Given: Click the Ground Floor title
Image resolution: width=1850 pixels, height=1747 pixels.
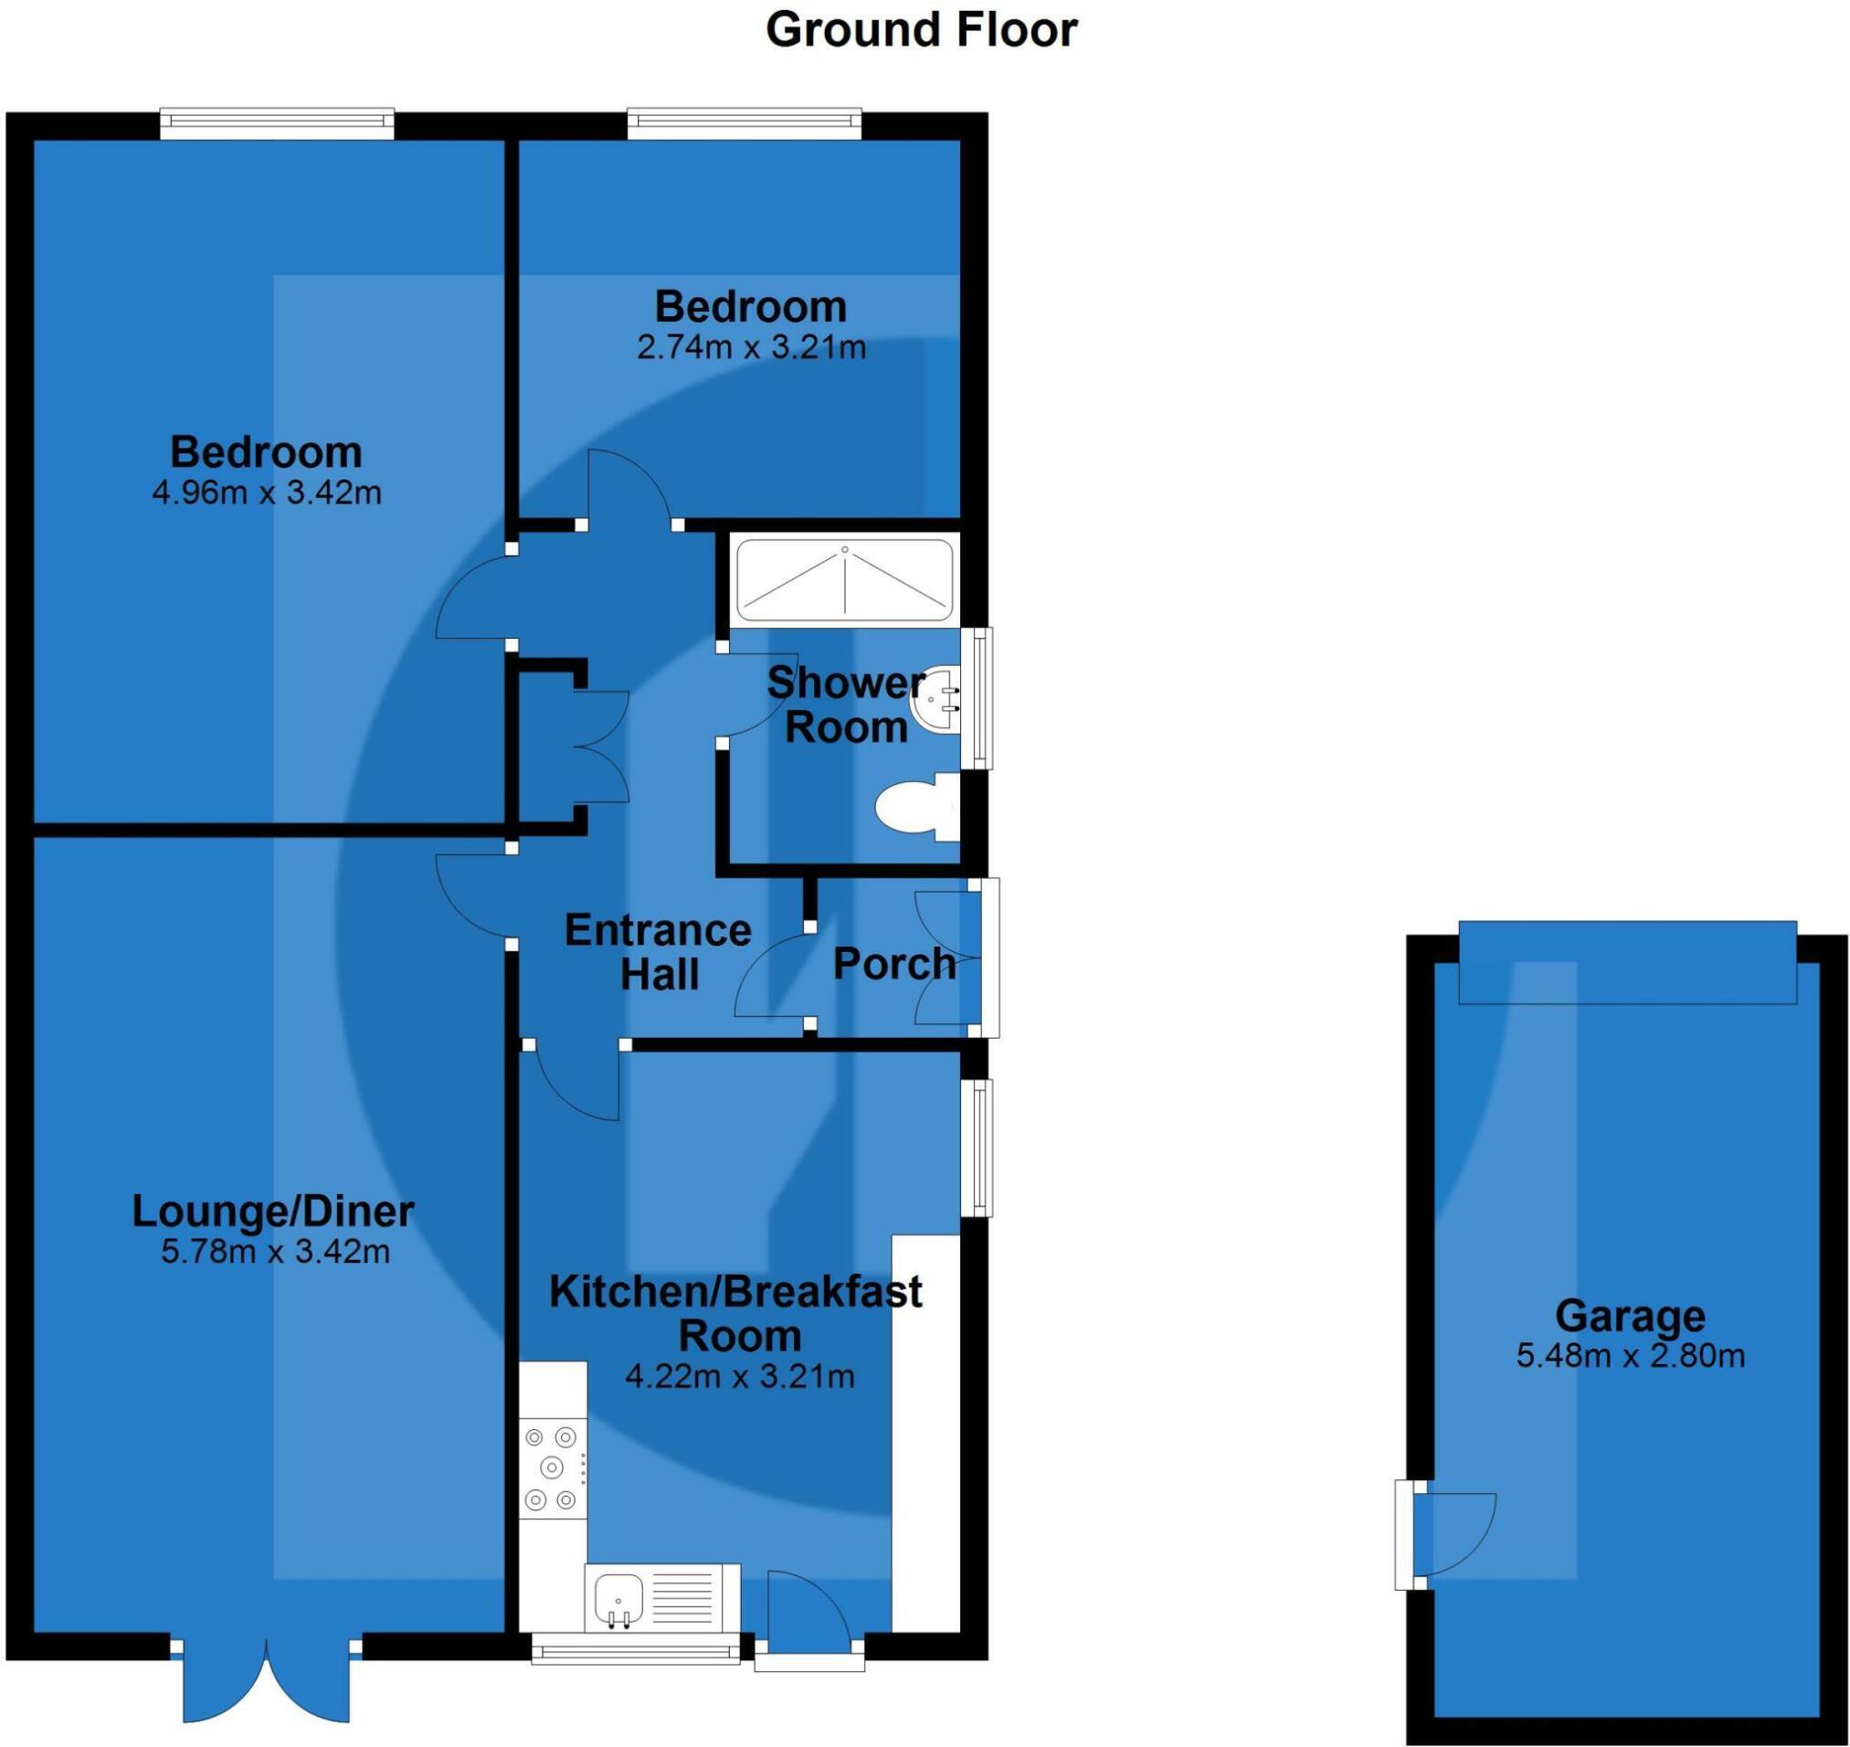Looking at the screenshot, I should click(x=921, y=30).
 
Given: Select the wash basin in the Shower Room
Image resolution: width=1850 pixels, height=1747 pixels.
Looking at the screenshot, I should click(x=936, y=698).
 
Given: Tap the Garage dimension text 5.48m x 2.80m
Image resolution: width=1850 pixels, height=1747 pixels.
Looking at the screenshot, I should click(x=1630, y=1356).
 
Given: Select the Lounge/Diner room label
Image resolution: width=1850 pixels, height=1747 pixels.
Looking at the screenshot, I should click(x=273, y=1212).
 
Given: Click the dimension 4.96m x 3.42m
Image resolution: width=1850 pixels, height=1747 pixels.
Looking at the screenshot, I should click(x=266, y=492).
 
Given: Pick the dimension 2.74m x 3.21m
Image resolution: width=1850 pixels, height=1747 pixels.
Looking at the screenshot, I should click(x=750, y=347).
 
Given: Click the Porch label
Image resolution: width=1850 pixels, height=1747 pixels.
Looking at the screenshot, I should click(x=893, y=964).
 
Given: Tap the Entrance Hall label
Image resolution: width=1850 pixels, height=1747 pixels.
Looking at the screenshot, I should click(x=659, y=953).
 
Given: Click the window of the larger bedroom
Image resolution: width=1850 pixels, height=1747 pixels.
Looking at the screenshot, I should click(x=277, y=125).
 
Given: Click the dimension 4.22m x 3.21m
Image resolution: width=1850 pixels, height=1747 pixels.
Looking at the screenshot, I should click(x=739, y=1376).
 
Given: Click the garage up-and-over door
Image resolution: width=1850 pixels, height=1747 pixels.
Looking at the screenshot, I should click(x=1626, y=961).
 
